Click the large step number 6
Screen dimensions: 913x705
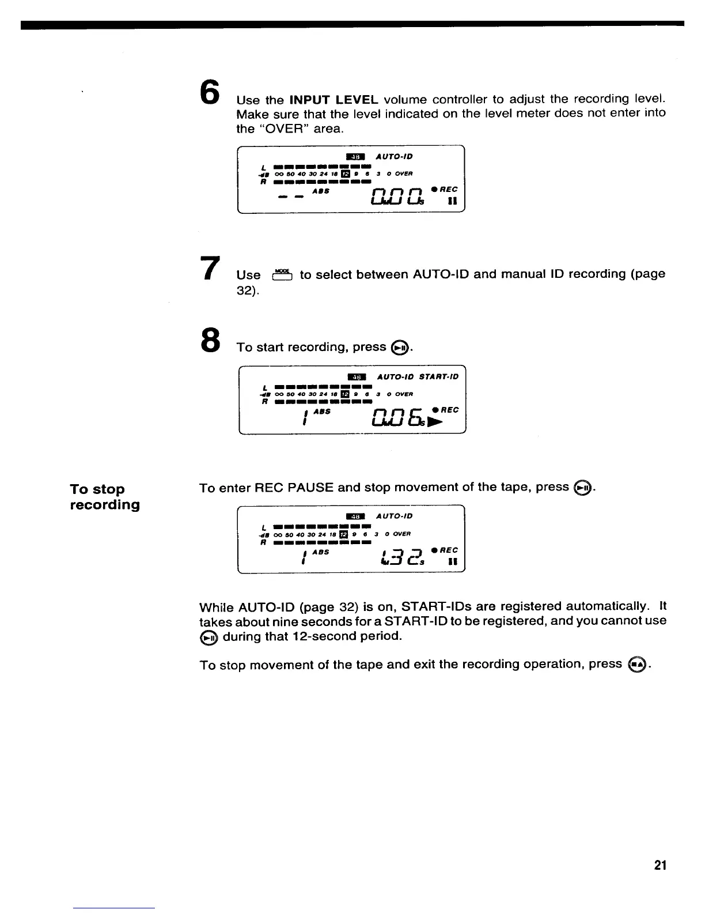210,92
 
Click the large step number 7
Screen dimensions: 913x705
210,269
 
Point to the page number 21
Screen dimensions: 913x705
661,865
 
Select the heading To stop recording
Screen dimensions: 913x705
105,497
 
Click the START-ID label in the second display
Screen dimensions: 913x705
439,377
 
